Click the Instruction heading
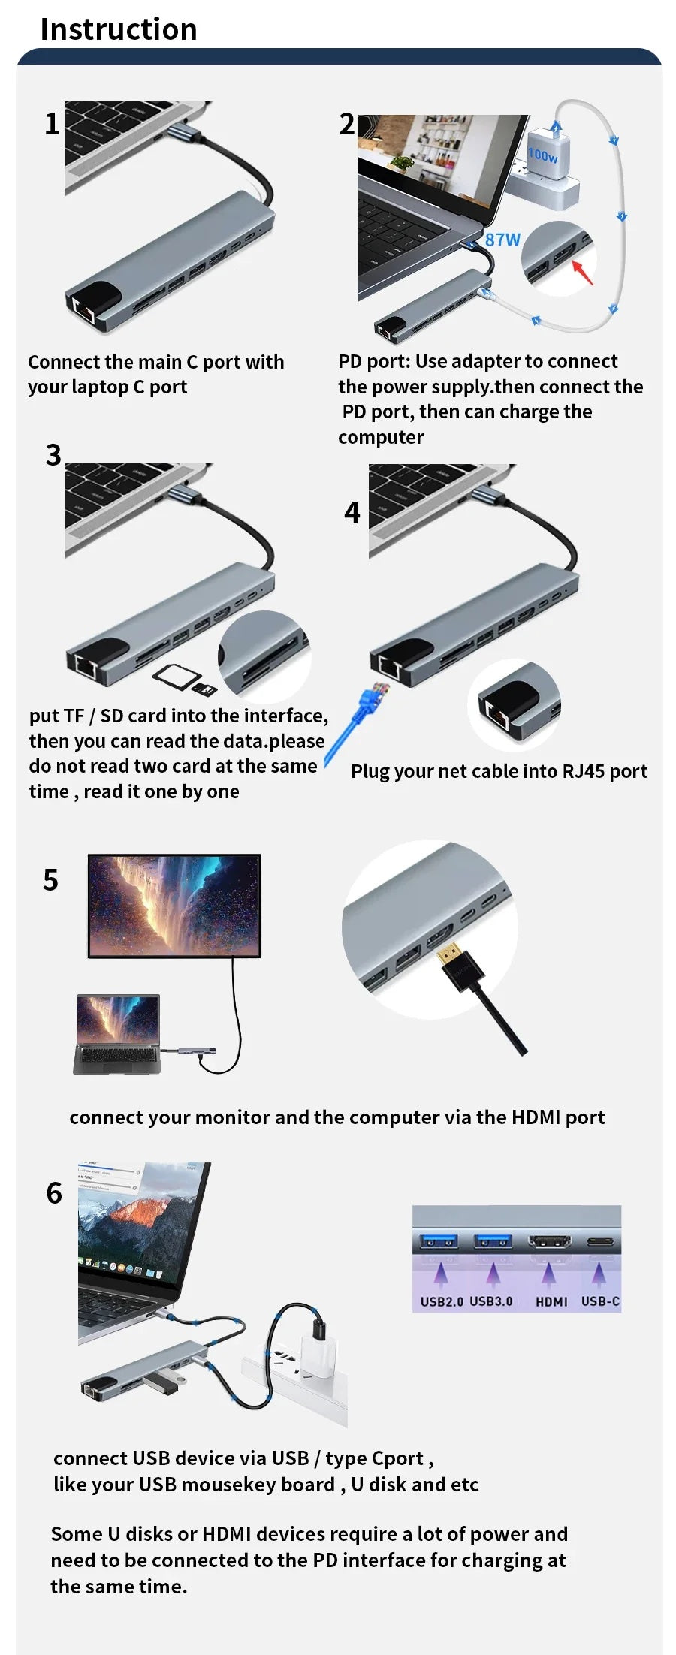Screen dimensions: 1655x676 click(x=119, y=29)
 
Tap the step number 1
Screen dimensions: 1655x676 click(x=52, y=124)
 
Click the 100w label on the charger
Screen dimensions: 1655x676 click(x=542, y=155)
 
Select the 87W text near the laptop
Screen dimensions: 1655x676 click(x=502, y=240)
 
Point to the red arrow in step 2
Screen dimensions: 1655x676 click(x=583, y=272)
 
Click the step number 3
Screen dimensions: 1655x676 click(x=53, y=455)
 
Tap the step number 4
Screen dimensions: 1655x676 click(x=352, y=513)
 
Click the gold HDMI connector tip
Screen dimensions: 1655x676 click(x=449, y=954)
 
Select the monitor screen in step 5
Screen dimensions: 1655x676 click(x=174, y=905)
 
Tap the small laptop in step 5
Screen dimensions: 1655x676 click(x=117, y=1032)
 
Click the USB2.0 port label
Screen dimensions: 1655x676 click(x=442, y=1301)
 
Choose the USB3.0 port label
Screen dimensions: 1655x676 click(x=491, y=1301)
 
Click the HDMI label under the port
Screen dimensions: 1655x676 click(x=551, y=1301)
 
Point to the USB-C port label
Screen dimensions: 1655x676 click(x=600, y=1301)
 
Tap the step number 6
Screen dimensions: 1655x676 click(x=54, y=1193)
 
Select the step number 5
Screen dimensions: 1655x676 click(x=50, y=880)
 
